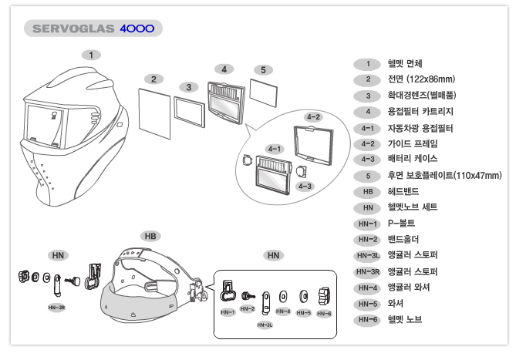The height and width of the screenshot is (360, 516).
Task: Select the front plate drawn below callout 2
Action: click(x=154, y=111)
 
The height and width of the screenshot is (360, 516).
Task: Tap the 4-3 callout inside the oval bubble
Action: click(x=305, y=187)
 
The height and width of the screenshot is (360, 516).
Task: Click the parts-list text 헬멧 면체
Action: click(x=404, y=63)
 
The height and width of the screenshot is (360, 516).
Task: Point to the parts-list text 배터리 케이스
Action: click(x=413, y=160)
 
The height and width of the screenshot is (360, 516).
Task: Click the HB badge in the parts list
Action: click(x=368, y=191)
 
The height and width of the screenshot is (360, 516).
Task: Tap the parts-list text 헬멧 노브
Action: click(x=405, y=319)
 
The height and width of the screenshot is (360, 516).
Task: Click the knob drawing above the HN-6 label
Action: click(x=322, y=294)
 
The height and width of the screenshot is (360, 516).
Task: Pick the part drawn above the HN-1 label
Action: click(x=228, y=293)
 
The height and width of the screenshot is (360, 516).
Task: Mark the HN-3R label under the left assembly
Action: click(x=56, y=306)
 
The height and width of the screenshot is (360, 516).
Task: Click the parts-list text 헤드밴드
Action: click(x=404, y=191)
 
